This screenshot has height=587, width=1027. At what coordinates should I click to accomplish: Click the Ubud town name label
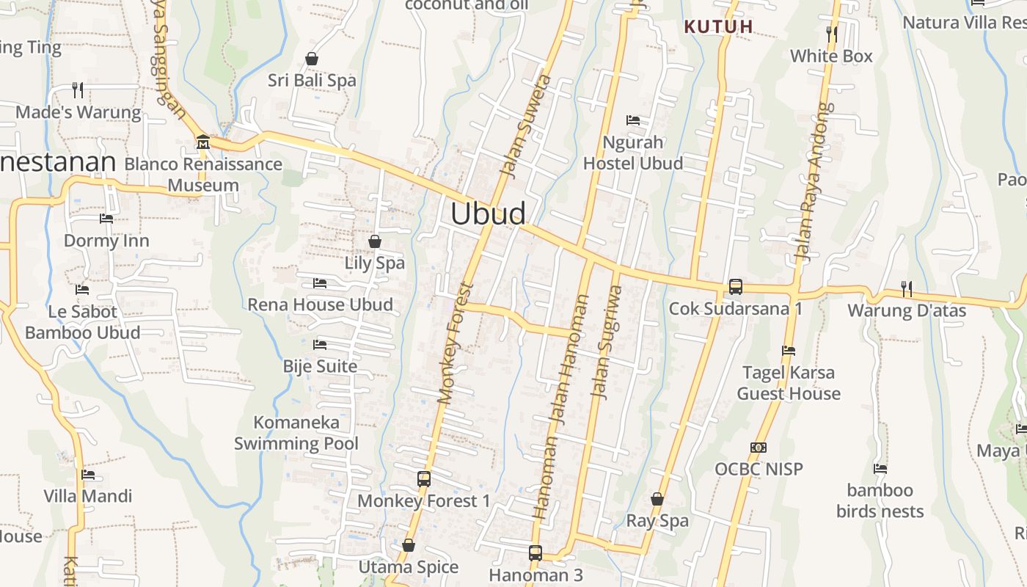(488, 214)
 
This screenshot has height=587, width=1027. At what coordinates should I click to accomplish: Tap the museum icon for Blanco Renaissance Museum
(203, 141)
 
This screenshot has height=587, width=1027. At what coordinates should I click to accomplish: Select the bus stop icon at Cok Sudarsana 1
(736, 287)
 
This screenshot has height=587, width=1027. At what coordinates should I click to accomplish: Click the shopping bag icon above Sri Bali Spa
(312, 59)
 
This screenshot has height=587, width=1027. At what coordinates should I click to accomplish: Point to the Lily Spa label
(375, 263)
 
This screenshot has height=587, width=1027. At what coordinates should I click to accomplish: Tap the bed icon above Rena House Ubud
(320, 282)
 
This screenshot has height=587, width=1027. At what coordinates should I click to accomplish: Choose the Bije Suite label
(321, 366)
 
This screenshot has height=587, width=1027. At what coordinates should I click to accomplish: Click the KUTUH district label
(719, 27)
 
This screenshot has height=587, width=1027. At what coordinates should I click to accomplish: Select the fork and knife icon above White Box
(831, 34)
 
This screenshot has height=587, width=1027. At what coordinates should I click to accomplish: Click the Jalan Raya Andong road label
(815, 182)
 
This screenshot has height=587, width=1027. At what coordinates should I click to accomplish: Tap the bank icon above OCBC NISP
(759, 448)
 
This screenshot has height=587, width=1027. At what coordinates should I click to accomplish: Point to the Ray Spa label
(657, 521)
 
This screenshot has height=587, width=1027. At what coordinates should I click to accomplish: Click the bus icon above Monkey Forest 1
(424, 479)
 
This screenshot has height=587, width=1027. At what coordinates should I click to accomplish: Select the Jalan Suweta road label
(525, 125)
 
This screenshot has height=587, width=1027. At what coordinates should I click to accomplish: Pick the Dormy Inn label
(106, 241)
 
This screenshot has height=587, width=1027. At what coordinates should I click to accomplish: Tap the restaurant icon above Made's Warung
(78, 90)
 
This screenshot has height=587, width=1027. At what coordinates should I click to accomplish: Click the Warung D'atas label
(907, 310)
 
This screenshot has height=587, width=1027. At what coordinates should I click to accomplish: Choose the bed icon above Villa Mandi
(88, 475)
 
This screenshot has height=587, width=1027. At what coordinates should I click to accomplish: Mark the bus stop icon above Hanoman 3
(536, 553)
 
